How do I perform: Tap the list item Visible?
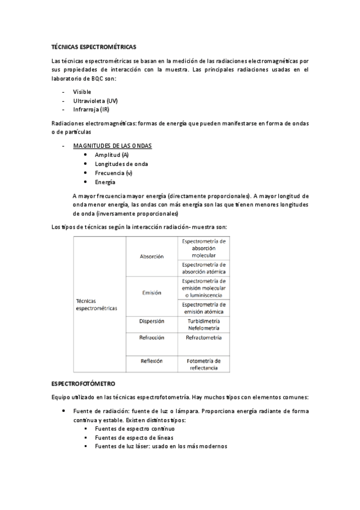point(82,91)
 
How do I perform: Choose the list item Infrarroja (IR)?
point(91,110)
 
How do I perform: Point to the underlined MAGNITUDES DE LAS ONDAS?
point(112,146)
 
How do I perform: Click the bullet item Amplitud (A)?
point(111,155)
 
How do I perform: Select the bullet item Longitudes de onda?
point(121,164)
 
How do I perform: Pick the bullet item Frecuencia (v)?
point(114,173)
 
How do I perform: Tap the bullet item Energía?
point(105,182)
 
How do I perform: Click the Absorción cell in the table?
point(151,256)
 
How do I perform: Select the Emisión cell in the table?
point(151,293)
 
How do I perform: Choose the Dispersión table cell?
point(151,321)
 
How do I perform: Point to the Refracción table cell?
point(151,338)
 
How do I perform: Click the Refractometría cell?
point(204,338)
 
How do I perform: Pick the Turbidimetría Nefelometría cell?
point(204,324)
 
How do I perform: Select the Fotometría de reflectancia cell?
point(204,364)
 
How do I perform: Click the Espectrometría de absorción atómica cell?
point(204,267)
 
